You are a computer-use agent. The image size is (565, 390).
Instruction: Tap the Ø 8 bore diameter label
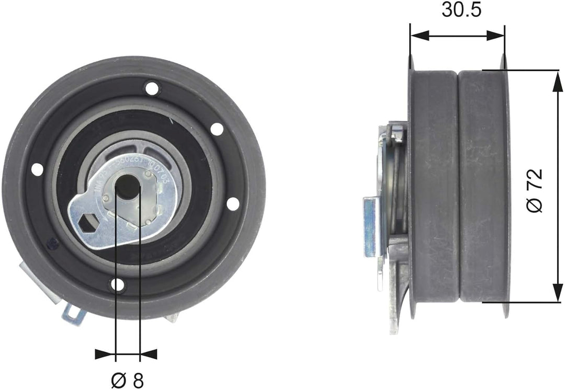pos(128,380)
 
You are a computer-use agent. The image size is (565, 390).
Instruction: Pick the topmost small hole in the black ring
pos(152,88)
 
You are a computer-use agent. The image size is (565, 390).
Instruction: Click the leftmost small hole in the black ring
pos(37,169)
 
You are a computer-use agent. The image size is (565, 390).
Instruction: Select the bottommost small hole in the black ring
pos(118,285)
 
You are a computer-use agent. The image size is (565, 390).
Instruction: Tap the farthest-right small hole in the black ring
pos(233,204)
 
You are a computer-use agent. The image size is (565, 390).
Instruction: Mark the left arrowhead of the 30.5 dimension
pos(419,36)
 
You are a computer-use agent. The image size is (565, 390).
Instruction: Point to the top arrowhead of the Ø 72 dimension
pos(554,79)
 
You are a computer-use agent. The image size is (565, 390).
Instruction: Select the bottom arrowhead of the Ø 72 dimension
pos(554,293)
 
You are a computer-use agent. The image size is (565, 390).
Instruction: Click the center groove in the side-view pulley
pos(458,188)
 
